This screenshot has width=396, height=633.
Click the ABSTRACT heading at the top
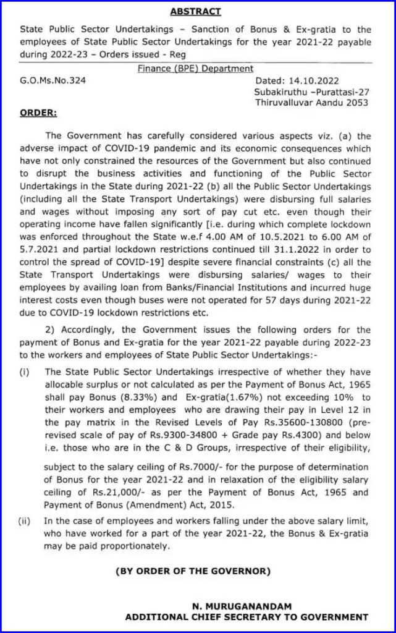(x=196, y=12)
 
